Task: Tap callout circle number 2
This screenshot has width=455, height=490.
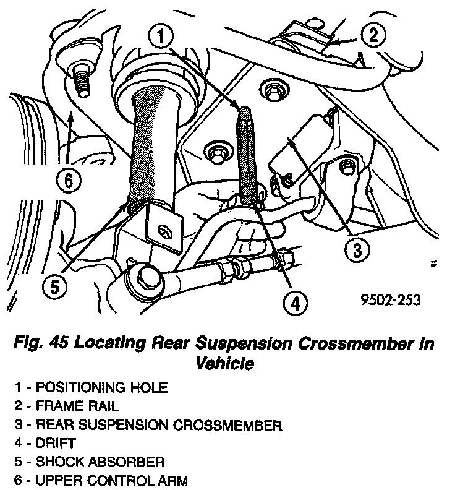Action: tap(372, 35)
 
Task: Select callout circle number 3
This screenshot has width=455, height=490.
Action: tap(357, 250)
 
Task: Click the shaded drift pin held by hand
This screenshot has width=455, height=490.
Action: tap(248, 155)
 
